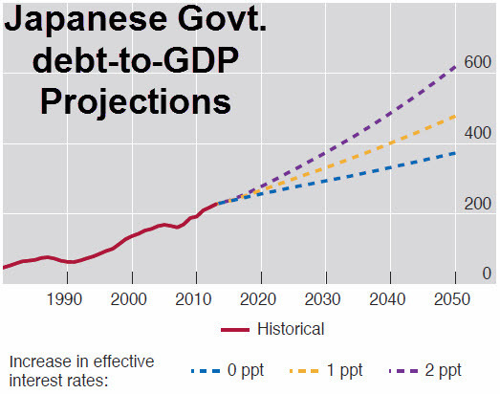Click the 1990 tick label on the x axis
66,297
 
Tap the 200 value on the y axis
478,205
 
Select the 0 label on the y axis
487,274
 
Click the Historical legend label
291,329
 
